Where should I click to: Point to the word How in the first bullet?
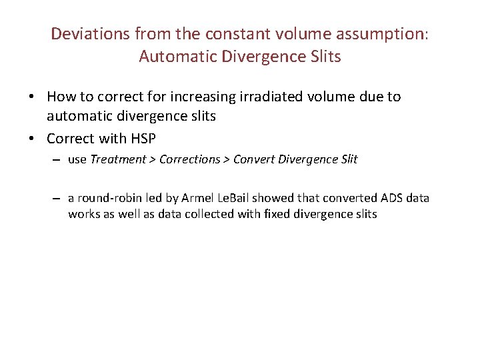tap(61, 97)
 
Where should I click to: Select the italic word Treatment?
tap(118, 159)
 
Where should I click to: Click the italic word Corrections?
tap(189, 159)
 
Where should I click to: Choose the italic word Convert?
tap(253, 159)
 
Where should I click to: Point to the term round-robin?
tap(105, 198)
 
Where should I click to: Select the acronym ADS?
tap(394, 198)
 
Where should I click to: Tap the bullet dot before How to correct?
tap(31, 97)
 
